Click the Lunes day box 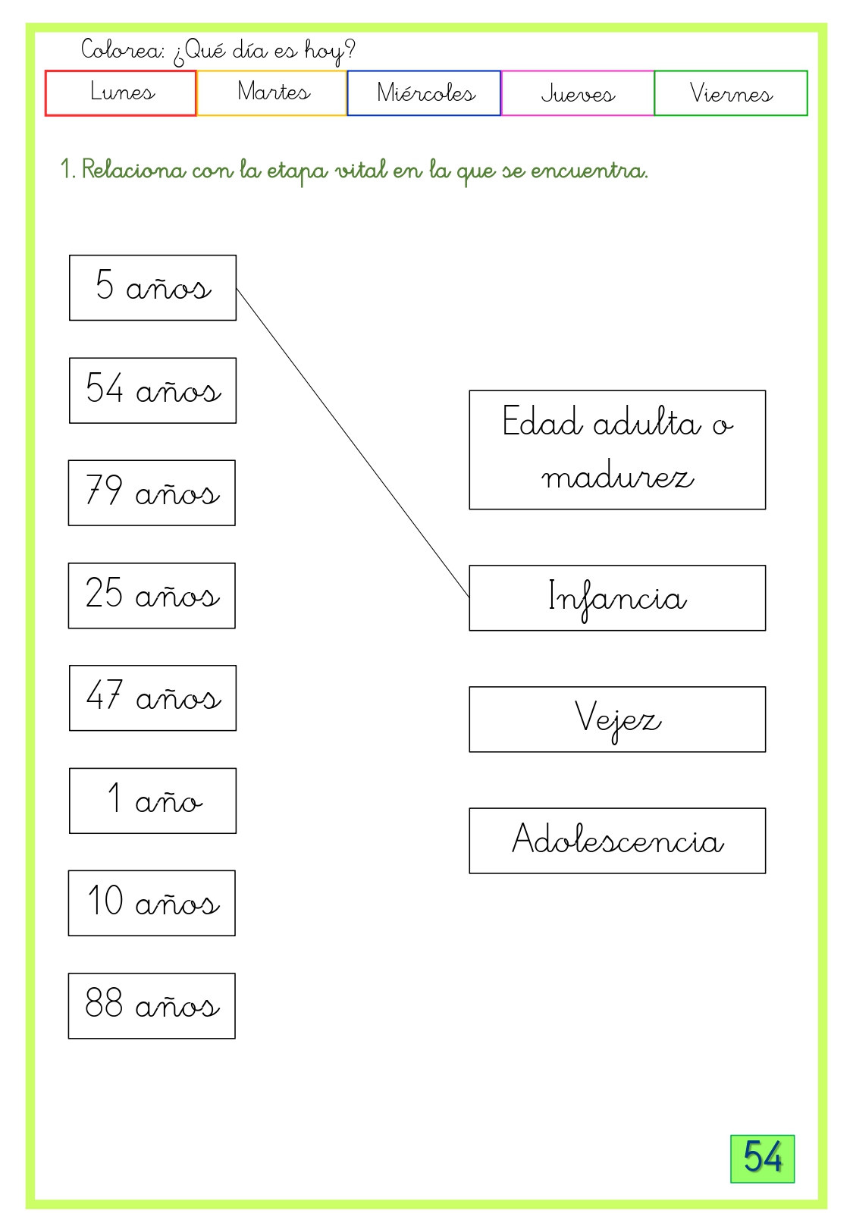pos(121,93)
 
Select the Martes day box pos(271,93)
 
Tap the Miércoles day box pos(424,93)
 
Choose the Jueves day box pos(578,93)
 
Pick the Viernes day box pos(731,93)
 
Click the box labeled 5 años pos(153,287)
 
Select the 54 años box pos(153,390)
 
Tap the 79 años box pos(152,493)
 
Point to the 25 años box pos(152,596)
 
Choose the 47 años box pos(153,698)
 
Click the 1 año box pos(153,801)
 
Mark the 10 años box pos(152,903)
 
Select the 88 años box pos(152,1006)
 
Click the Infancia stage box pos(617,598)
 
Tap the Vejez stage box pos(617,719)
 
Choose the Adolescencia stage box pos(617,841)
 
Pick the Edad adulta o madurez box pos(617,450)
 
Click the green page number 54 pos(762,1159)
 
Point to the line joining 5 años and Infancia pos(353,442)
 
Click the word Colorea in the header pos(122,49)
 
